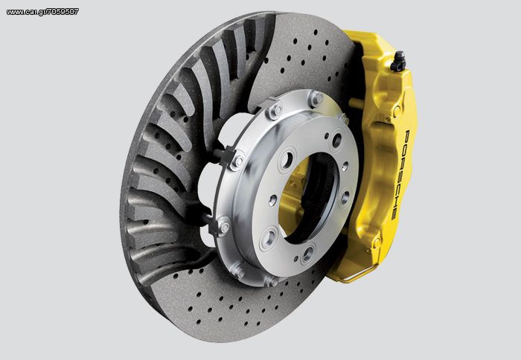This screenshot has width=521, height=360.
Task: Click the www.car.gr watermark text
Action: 42,12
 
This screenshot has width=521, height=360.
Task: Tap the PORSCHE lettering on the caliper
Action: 400,175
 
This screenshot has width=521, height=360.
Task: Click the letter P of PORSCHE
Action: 406,135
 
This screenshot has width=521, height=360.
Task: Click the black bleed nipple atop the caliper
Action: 397,62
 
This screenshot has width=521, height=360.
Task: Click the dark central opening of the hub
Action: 310,196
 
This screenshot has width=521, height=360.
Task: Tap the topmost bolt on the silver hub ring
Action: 316,98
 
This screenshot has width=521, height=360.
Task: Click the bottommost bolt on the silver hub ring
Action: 272,282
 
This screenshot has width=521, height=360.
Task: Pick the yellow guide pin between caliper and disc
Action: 357,103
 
